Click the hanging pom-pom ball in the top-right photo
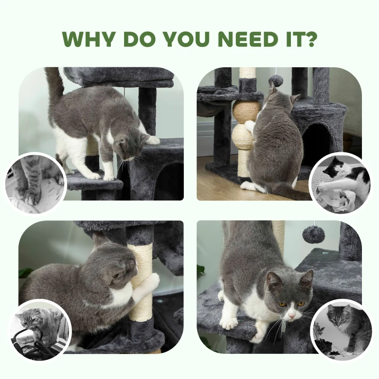[x=276, y=80]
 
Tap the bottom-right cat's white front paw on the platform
[x=229, y=323]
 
